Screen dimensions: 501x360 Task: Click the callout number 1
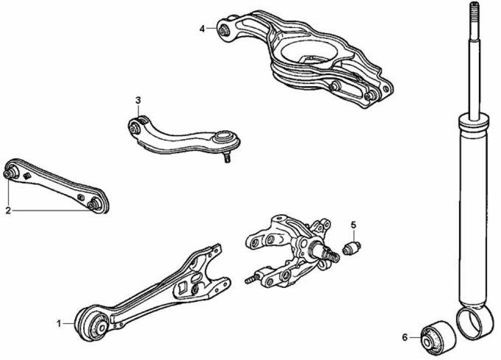coord(59,323)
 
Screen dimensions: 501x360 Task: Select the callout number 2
coord(9,210)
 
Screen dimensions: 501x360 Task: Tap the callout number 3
coord(138,100)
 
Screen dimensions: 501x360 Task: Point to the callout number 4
coord(202,29)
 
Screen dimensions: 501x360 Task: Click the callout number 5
coord(353,225)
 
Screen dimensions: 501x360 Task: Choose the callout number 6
coord(405,337)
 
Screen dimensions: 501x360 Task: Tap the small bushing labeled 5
coord(352,248)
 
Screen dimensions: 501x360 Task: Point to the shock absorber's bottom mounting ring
coord(474,322)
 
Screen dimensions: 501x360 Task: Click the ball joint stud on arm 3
coord(226,158)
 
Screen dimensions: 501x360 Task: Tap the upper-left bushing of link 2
coord(12,172)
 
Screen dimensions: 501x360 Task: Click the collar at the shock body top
coord(473,123)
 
